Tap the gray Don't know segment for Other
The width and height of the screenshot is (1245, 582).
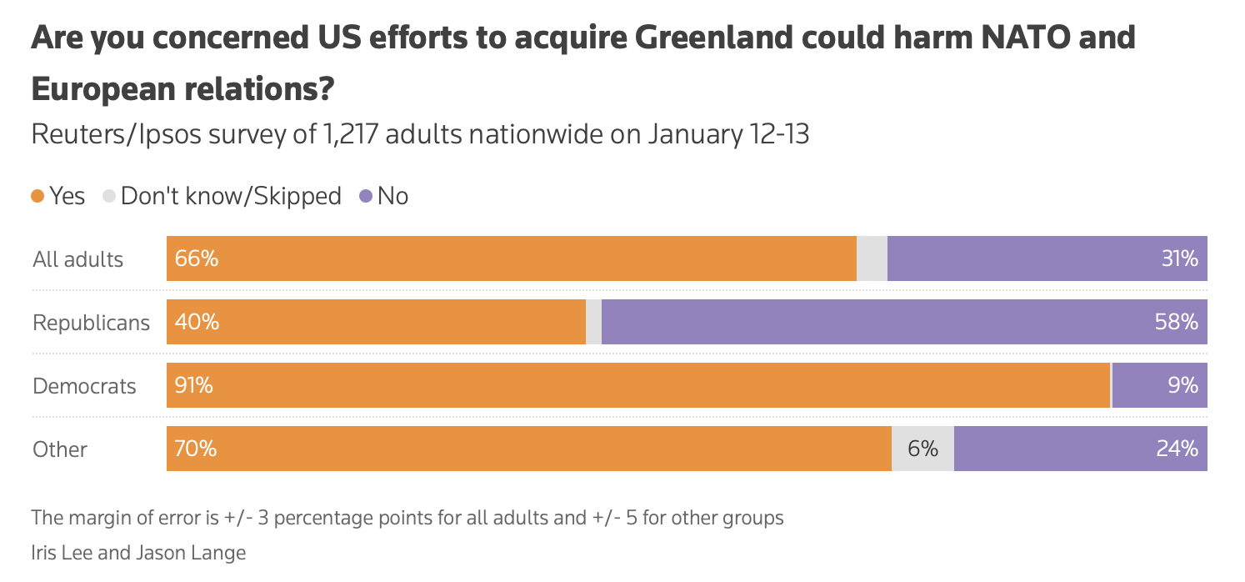(922, 449)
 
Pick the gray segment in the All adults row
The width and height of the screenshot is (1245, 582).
(872, 258)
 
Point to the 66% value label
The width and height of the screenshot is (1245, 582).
(197, 258)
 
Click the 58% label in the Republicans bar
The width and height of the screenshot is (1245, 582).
(1177, 322)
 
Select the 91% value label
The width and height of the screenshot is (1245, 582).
(194, 385)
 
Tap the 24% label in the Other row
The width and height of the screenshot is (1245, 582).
(1177, 449)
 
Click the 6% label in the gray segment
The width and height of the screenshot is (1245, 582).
(922, 449)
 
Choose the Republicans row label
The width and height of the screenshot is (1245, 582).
(91, 323)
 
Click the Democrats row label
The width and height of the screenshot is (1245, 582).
(84, 386)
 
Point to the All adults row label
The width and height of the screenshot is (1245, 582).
(77, 259)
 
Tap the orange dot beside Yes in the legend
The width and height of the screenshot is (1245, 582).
(37, 196)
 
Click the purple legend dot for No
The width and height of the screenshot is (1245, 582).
(365, 196)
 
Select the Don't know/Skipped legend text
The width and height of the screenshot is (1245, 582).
(231, 196)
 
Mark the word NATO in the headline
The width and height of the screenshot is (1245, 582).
(1028, 38)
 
